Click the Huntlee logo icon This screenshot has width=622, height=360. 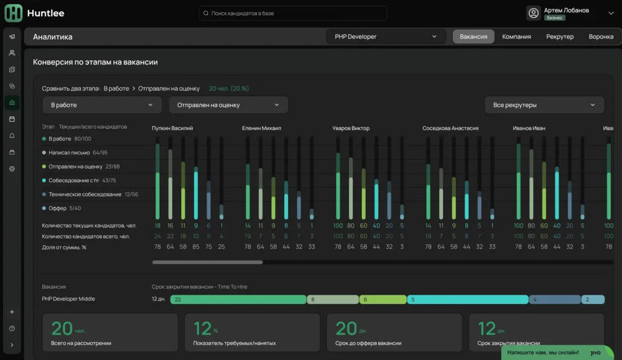pos(13,13)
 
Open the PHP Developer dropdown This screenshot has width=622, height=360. pos(386,37)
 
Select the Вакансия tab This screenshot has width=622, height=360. pos(473,37)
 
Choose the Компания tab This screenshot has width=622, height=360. pos(516,37)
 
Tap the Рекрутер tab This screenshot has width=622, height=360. pos(560,37)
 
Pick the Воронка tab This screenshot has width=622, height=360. pos(601,37)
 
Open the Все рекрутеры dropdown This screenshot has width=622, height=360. pos(544,105)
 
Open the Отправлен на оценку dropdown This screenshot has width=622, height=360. pos(228,105)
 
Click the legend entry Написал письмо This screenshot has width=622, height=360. pos(69,152)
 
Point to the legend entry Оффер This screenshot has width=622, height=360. pos(57,208)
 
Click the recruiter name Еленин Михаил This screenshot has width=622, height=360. pos(262,128)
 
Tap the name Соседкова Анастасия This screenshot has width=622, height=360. pos(450,128)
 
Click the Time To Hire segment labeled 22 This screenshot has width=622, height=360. pos(238,299)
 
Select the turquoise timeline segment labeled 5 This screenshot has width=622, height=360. pos(468,299)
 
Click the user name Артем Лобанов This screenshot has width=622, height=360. pos(566,10)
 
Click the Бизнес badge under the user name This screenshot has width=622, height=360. pos(554,18)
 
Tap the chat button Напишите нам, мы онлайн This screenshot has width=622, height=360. pos(542,353)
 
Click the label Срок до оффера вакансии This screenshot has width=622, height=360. pos(368,343)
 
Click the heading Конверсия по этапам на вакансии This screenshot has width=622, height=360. pos(95,62)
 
